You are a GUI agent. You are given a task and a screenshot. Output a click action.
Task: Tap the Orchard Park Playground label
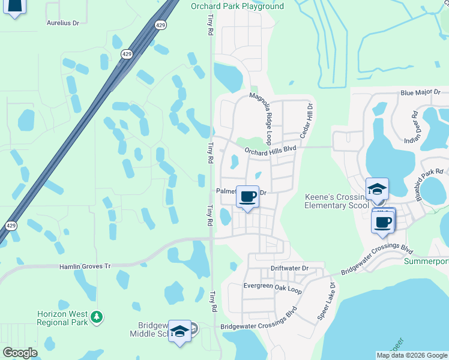pos(237,7)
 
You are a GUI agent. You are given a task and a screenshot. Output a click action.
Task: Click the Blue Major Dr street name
pos(420,93)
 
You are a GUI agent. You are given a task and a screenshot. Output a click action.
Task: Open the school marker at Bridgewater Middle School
pos(179,332)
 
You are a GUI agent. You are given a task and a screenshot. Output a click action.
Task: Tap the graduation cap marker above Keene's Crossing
pos(377,189)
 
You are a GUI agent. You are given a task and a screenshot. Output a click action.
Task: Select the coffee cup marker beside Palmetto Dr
pos(247,196)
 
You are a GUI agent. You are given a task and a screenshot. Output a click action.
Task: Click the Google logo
pos(20,352)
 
